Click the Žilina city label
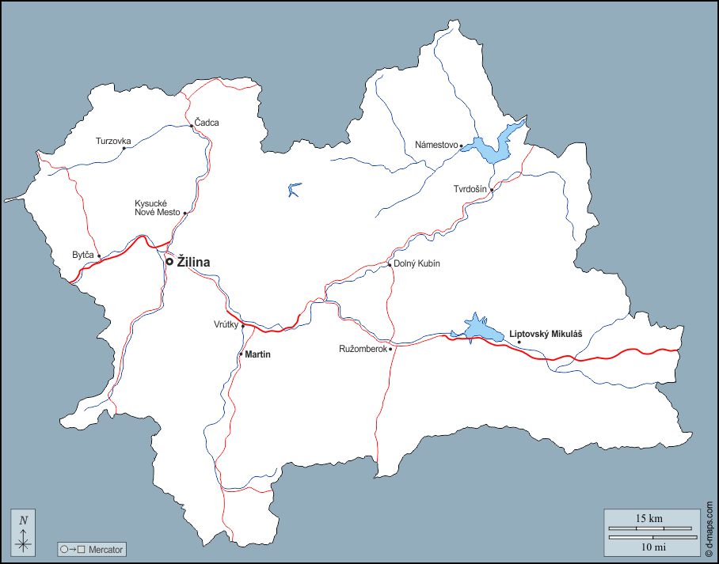point(194,262)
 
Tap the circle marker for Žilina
point(169,262)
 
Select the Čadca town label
point(207,123)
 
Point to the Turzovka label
point(113,142)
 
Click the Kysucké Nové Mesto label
point(158,208)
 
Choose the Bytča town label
point(83,255)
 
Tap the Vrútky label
point(226,324)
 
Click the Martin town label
point(258,354)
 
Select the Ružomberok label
point(363,348)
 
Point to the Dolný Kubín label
point(417,263)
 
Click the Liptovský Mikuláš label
point(546,334)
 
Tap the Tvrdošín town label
point(470,189)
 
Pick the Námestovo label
point(437,145)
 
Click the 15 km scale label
point(649,519)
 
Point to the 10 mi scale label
point(649,547)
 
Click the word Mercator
point(106,549)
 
